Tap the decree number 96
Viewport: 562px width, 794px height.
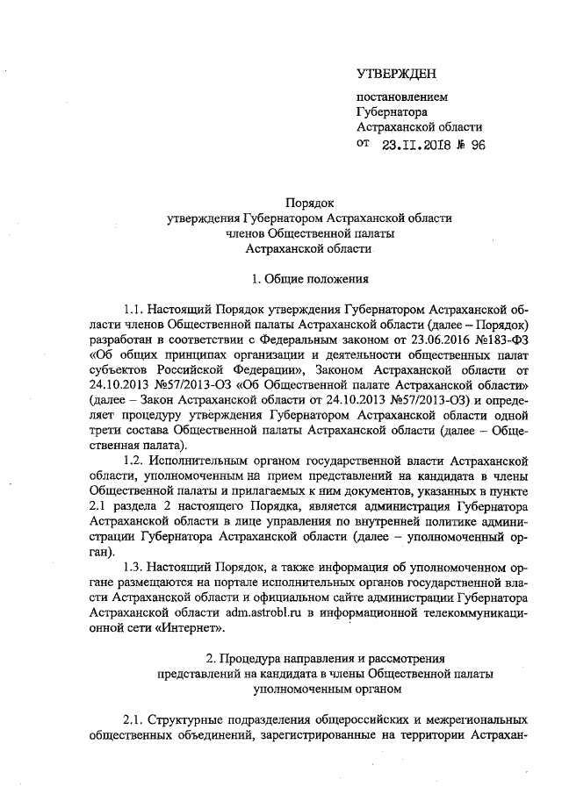point(477,146)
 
